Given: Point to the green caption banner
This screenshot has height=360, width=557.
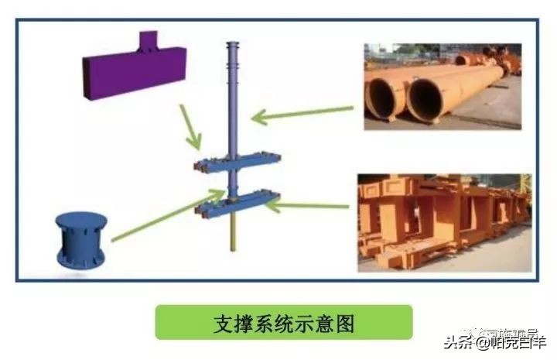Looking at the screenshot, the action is coord(284,321).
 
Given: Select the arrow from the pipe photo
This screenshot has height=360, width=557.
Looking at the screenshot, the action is coord(302,115).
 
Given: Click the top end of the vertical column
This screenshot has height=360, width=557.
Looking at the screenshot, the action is coord(231,44).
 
